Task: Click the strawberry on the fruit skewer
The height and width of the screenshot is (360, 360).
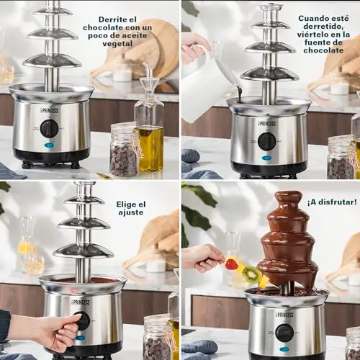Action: tap(231, 264)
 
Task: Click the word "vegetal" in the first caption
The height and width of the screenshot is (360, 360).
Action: tap(117, 44)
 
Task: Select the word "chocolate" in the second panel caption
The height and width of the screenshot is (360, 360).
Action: tap(323, 50)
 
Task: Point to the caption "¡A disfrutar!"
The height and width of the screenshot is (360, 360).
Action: tap(332, 202)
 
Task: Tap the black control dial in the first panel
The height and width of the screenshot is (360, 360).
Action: tap(50, 128)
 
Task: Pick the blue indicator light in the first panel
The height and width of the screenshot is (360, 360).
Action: tap(48, 145)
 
